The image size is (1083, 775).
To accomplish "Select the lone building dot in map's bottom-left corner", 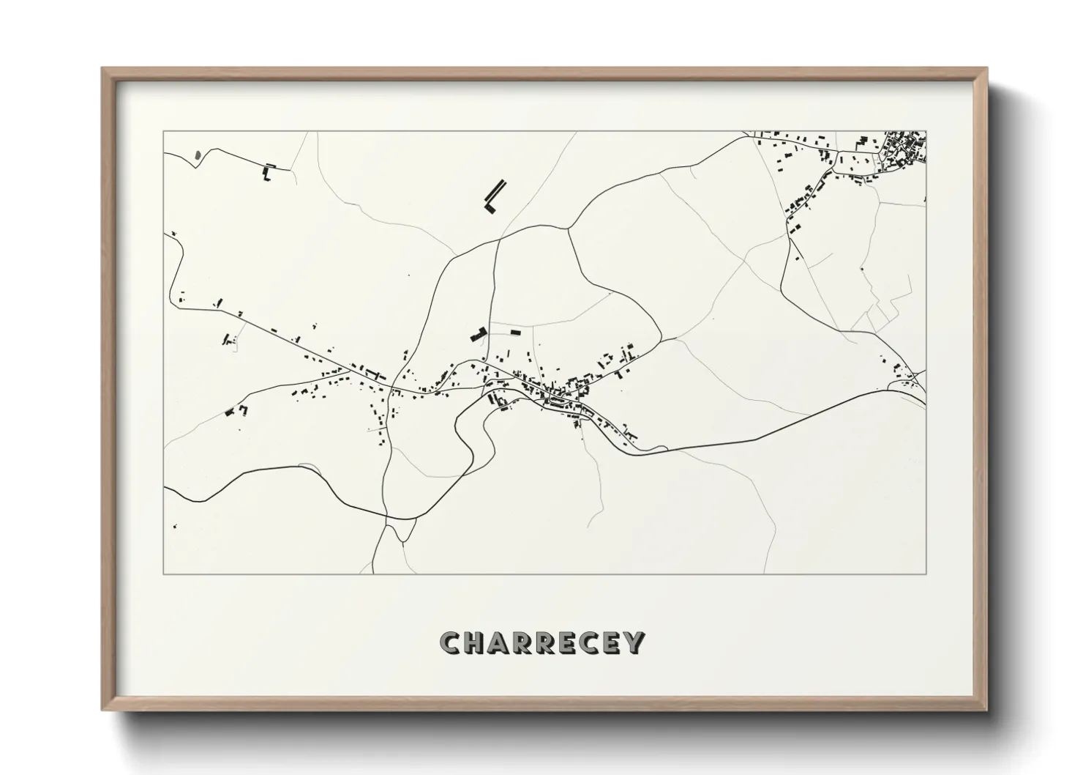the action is [174, 526].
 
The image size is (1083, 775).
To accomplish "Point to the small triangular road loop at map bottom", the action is [403, 529].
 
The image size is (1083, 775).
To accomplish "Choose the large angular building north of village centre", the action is [479, 334].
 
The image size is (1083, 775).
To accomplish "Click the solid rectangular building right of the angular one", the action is [515, 333].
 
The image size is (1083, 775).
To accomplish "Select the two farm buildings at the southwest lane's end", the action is [236, 410].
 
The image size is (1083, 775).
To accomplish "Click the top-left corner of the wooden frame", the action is [103, 69].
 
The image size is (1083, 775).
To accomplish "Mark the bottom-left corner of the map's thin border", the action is [164, 574].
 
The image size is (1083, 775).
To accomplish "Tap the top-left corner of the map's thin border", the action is [164, 132].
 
